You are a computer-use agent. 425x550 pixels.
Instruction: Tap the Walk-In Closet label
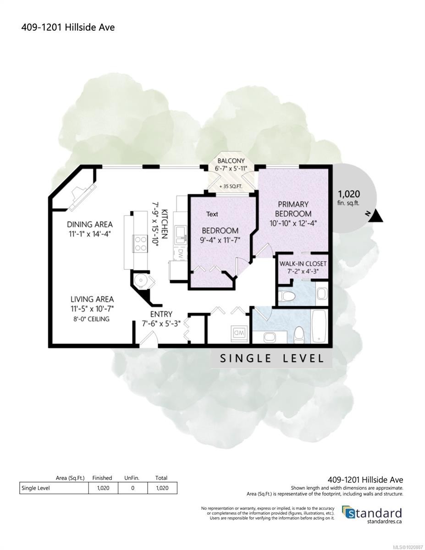point(303,264)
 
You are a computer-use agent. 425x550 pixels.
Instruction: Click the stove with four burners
point(139,243)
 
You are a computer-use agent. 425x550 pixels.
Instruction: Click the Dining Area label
point(90,225)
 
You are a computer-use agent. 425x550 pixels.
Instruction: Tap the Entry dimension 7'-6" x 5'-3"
point(161,323)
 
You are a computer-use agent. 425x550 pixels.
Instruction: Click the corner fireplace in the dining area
point(83,197)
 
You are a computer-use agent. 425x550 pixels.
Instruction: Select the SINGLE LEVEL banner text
point(271,358)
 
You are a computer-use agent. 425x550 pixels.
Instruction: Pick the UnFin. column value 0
point(132,488)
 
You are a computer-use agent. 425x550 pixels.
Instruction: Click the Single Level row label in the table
point(36,488)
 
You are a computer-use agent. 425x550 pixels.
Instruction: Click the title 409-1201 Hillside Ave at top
point(68,27)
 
